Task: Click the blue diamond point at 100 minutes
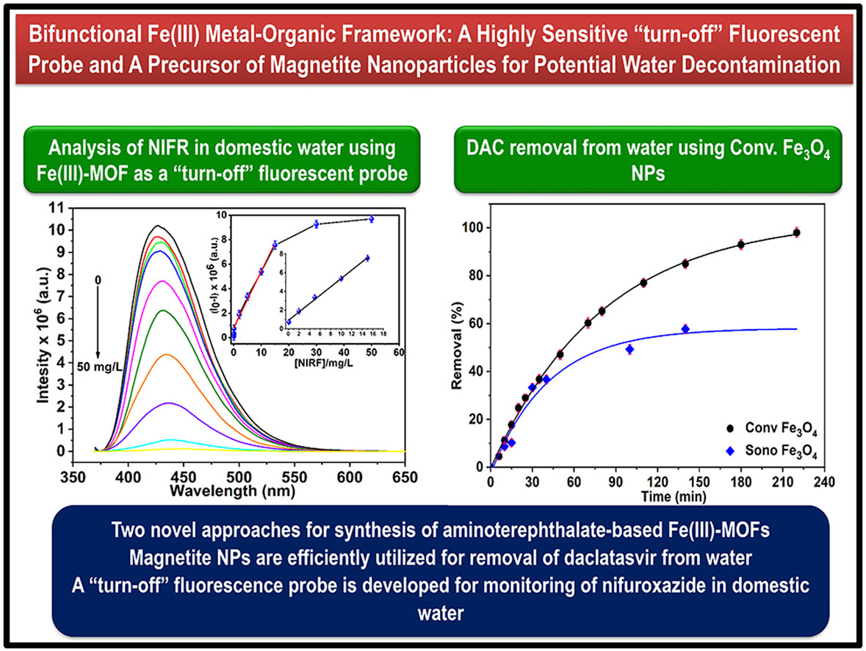[x=629, y=349]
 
